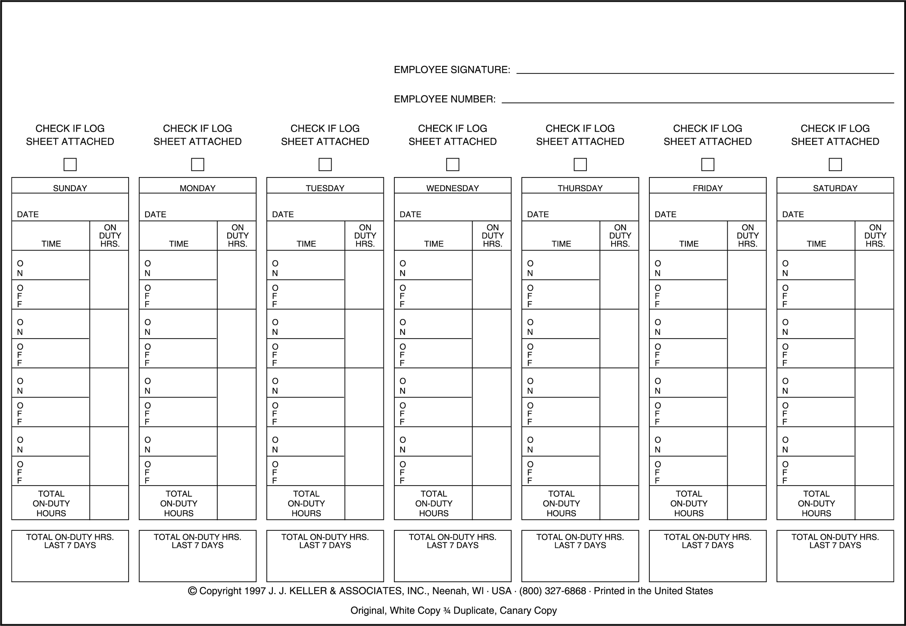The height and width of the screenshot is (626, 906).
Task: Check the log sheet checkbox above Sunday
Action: (x=70, y=164)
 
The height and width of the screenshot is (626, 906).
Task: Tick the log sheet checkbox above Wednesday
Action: (x=452, y=164)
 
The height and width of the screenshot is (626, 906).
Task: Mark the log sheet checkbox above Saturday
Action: (x=835, y=164)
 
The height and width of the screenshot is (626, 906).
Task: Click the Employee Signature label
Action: (x=452, y=70)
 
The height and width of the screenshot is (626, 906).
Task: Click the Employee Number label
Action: (x=444, y=99)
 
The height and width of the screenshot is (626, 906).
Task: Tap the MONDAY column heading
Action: (x=198, y=188)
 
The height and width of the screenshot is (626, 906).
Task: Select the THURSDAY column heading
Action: (x=580, y=188)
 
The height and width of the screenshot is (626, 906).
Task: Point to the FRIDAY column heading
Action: (x=707, y=188)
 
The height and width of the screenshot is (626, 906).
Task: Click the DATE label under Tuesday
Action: (x=283, y=215)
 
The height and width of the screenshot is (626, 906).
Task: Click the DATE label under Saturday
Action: (x=793, y=215)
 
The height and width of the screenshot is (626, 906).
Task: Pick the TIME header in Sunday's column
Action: (x=51, y=244)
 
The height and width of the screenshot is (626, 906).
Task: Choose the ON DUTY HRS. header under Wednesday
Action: (x=492, y=236)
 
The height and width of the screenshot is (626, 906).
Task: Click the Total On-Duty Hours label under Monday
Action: (x=179, y=503)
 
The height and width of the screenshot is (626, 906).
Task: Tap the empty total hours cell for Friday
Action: (x=746, y=503)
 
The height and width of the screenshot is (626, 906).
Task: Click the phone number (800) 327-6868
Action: (x=552, y=591)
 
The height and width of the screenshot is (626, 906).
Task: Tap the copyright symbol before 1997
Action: (x=192, y=591)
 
